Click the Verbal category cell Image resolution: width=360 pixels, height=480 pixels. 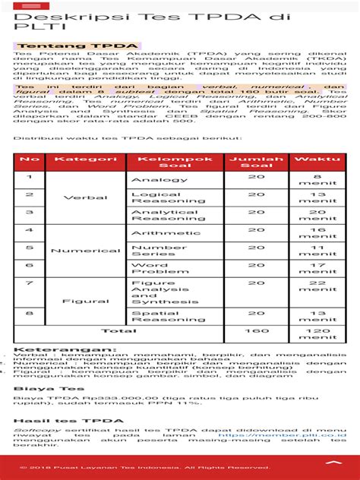coord(86,197)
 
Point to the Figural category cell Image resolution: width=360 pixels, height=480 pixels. coord(86,301)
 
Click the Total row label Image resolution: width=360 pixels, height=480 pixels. coord(118,331)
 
